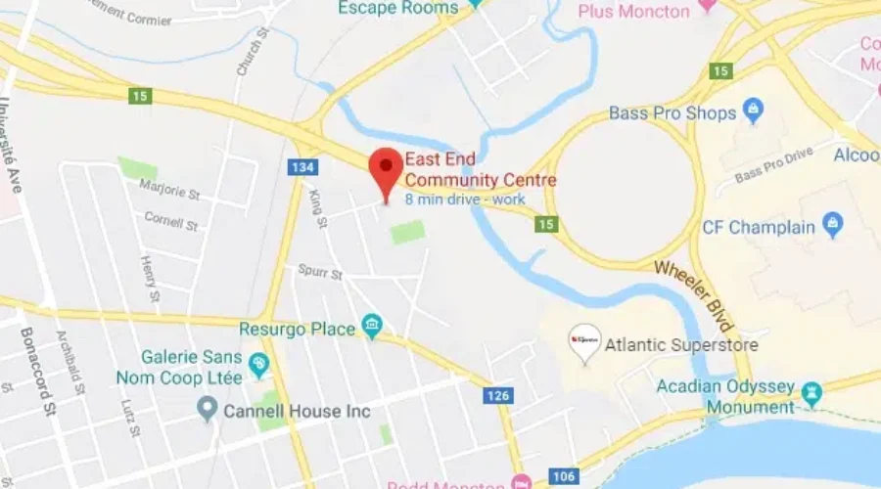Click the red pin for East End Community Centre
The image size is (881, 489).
click(x=386, y=170)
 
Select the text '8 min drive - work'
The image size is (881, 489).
click(x=465, y=200)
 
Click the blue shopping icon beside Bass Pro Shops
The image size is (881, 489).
click(x=753, y=111)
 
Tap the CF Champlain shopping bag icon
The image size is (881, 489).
click(x=833, y=226)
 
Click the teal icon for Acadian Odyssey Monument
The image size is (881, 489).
click(x=811, y=393)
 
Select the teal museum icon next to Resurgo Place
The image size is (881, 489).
click(x=372, y=326)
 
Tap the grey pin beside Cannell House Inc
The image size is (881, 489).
click(x=207, y=409)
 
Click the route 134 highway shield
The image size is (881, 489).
click(x=302, y=168)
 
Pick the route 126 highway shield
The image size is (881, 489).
click(x=498, y=395)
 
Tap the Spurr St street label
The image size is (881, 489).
click(x=321, y=275)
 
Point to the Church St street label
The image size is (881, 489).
click(x=253, y=58)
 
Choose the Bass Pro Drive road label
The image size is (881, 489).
click(x=773, y=163)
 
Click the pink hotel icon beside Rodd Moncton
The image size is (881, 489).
click(x=521, y=483)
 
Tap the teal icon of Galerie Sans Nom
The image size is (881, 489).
click(x=258, y=367)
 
